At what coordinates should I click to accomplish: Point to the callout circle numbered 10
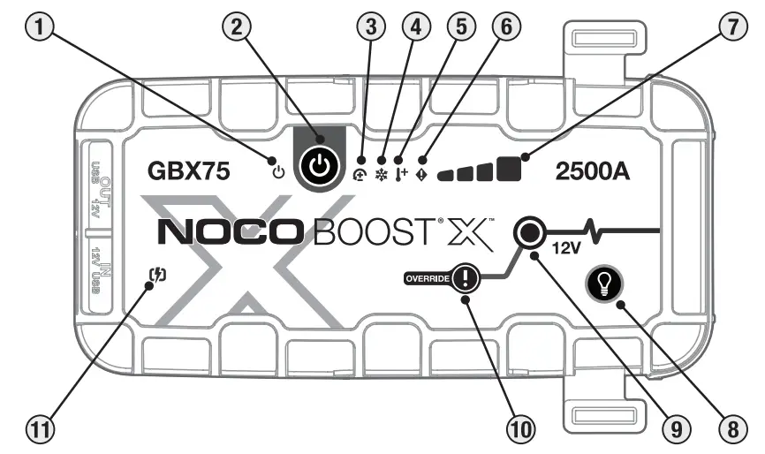(521, 430)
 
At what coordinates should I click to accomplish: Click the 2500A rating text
(594, 172)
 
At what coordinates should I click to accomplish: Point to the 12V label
(565, 250)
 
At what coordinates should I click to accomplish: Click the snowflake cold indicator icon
(382, 174)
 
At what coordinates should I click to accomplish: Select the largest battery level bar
(508, 168)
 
